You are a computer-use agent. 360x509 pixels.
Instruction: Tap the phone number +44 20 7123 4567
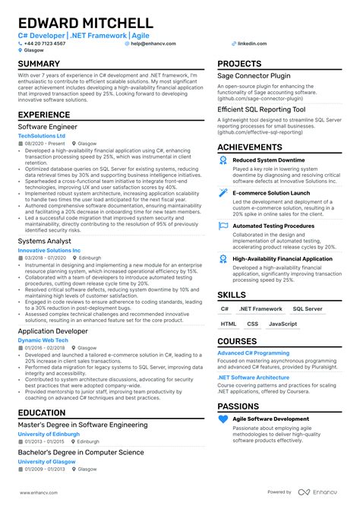point(46,44)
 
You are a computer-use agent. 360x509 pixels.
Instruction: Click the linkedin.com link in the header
point(251,44)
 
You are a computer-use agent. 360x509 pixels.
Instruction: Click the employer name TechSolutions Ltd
point(41,136)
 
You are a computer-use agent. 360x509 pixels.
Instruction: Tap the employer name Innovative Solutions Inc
point(49,250)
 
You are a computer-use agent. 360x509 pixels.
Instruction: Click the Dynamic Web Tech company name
point(43,340)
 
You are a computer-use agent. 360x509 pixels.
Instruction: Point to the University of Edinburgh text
point(49,434)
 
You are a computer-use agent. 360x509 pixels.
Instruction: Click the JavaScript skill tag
point(283,324)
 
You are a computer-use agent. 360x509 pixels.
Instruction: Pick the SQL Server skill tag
point(307,309)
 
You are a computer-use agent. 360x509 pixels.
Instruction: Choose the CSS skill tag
point(252,324)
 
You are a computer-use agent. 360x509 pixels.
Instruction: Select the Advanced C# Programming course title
point(252,353)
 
